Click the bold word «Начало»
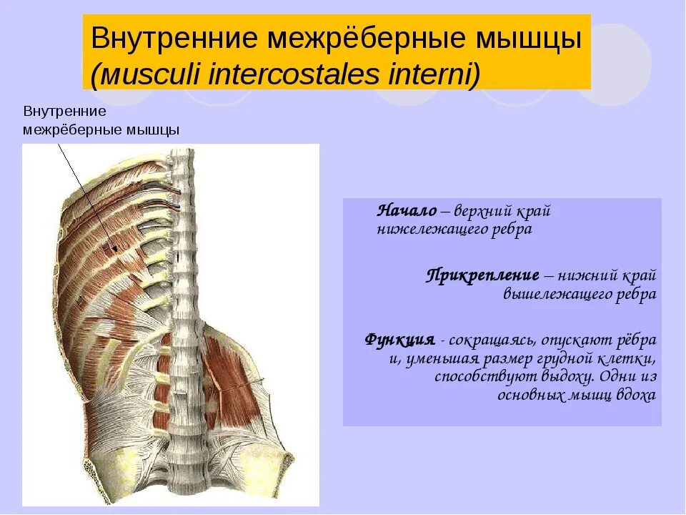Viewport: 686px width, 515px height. point(407,211)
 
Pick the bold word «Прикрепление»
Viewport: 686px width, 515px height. point(483,275)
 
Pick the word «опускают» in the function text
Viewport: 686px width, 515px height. point(579,339)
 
